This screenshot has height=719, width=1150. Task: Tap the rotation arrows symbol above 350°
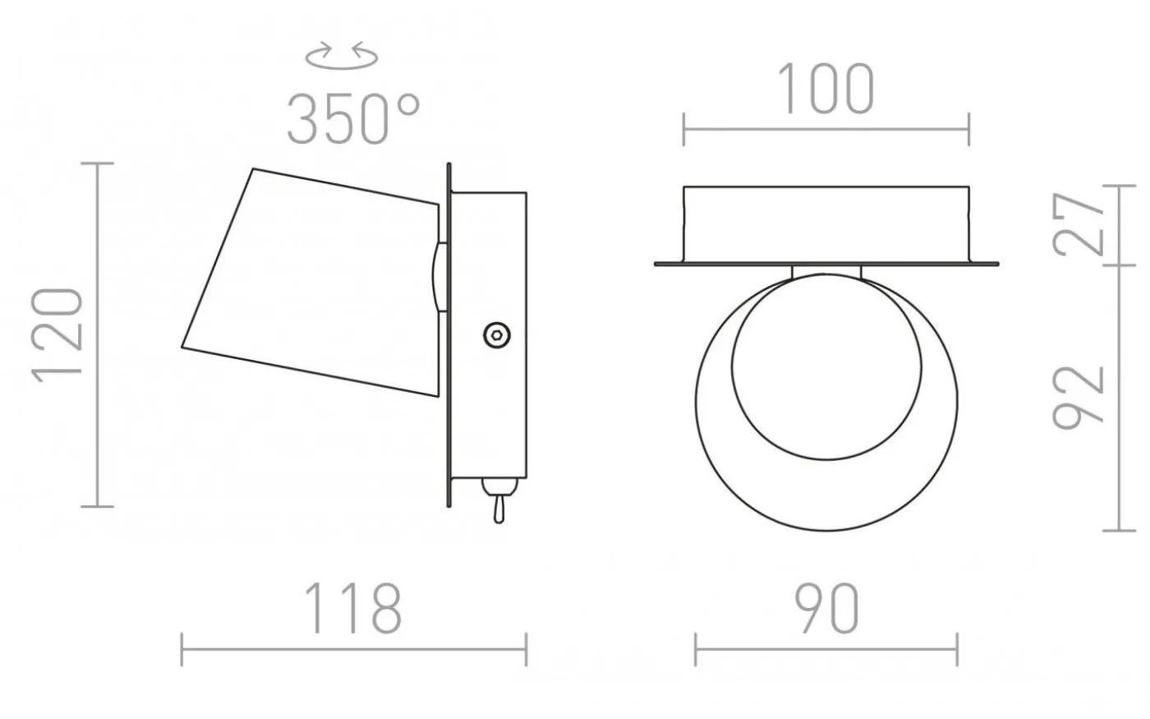[x=342, y=57]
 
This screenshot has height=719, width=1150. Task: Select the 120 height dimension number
[x=58, y=334]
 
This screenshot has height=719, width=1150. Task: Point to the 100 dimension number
[x=826, y=90]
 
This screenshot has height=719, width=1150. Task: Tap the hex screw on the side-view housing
[x=496, y=334]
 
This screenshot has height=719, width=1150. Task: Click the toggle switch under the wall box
[x=497, y=503]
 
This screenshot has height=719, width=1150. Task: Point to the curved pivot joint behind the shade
[x=434, y=277]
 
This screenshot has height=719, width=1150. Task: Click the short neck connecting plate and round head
[x=826, y=272]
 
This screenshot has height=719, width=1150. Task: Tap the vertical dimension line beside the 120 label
[x=99, y=334]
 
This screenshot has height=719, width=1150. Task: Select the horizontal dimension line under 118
[x=353, y=649]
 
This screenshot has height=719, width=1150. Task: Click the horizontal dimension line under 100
[x=826, y=129]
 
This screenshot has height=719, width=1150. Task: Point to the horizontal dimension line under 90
[x=826, y=649]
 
